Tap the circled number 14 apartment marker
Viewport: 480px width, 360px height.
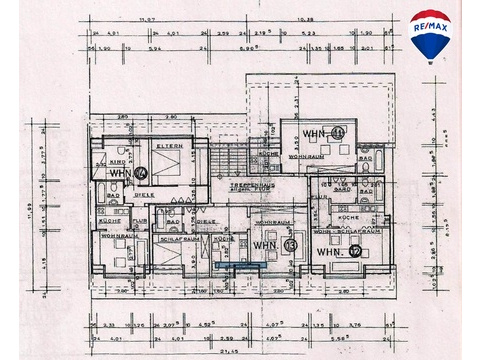click(140, 172)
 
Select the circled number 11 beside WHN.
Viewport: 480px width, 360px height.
click(338, 132)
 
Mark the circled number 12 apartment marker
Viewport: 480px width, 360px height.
click(355, 251)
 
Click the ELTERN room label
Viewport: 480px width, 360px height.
click(170, 147)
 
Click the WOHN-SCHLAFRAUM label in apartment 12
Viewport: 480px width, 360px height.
click(345, 231)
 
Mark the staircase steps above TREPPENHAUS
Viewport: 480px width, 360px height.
click(225, 165)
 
